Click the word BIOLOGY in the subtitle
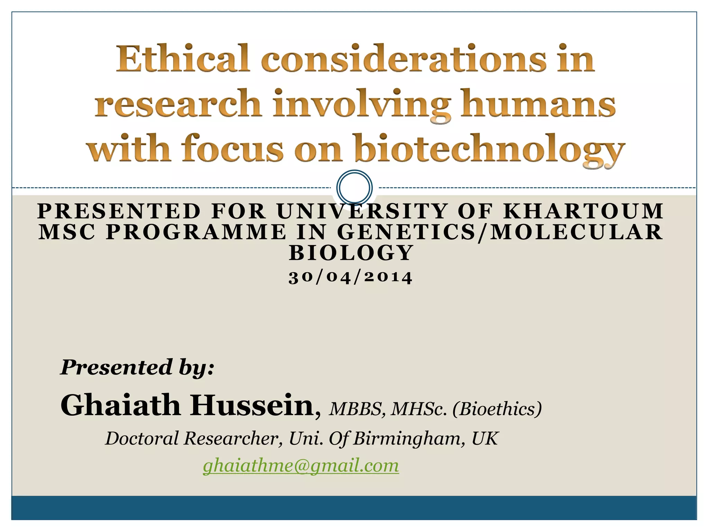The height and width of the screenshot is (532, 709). coord(351,252)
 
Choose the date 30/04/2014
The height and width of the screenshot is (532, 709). coord(350,277)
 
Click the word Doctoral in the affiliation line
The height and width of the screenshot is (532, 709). coord(142,438)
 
